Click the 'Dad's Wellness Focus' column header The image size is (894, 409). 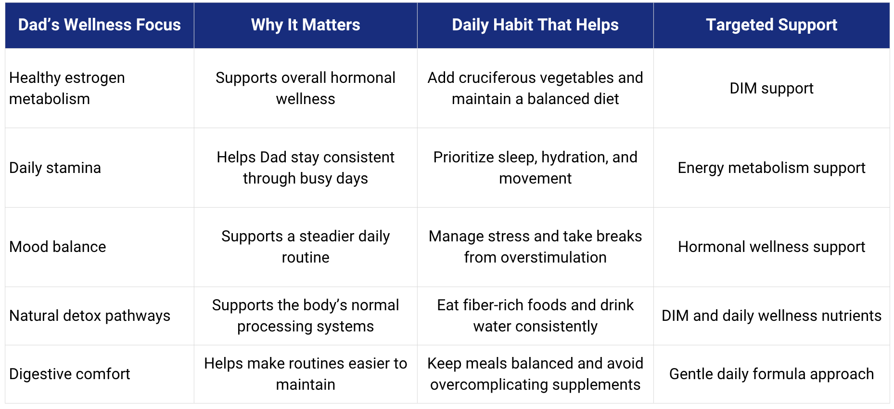[x=99, y=25]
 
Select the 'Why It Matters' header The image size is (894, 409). [x=306, y=25]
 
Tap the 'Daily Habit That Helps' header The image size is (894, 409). [x=535, y=25]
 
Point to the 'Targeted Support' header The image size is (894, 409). [x=771, y=25]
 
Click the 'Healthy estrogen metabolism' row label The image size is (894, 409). [x=67, y=88]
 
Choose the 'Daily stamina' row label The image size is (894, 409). [x=55, y=168]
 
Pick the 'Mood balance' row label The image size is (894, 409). [x=57, y=247]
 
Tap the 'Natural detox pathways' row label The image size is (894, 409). [x=89, y=316]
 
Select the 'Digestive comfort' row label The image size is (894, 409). [x=69, y=374]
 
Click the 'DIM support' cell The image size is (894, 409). [x=771, y=88]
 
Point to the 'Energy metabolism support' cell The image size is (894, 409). [x=771, y=168]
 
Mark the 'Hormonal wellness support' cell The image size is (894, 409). [x=771, y=247]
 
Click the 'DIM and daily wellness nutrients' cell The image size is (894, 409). [x=771, y=316]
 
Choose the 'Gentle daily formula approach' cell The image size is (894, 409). [x=771, y=374]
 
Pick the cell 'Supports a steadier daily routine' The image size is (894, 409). [x=306, y=247]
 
